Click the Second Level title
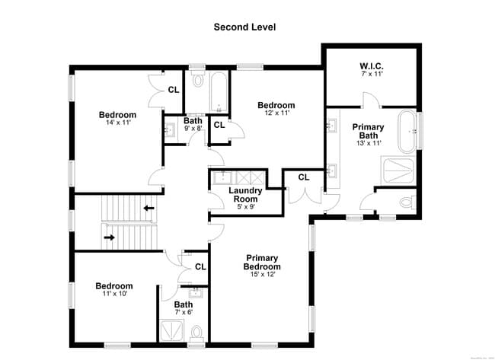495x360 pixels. (x=244, y=27)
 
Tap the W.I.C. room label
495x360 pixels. (x=371, y=65)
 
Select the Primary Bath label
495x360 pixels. (x=368, y=131)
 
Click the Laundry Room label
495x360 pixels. (x=246, y=195)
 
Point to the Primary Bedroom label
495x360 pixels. (x=262, y=263)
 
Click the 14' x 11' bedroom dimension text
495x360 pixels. (x=117, y=124)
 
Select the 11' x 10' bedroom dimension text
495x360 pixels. (x=113, y=294)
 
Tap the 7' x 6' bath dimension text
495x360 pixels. (x=183, y=312)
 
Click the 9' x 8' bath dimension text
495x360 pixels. (x=193, y=129)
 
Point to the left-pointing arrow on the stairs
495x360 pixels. (x=149, y=207)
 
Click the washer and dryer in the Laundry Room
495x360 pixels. (x=246, y=177)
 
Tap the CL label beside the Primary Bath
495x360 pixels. (x=304, y=177)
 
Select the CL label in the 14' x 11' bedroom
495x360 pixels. (x=174, y=89)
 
